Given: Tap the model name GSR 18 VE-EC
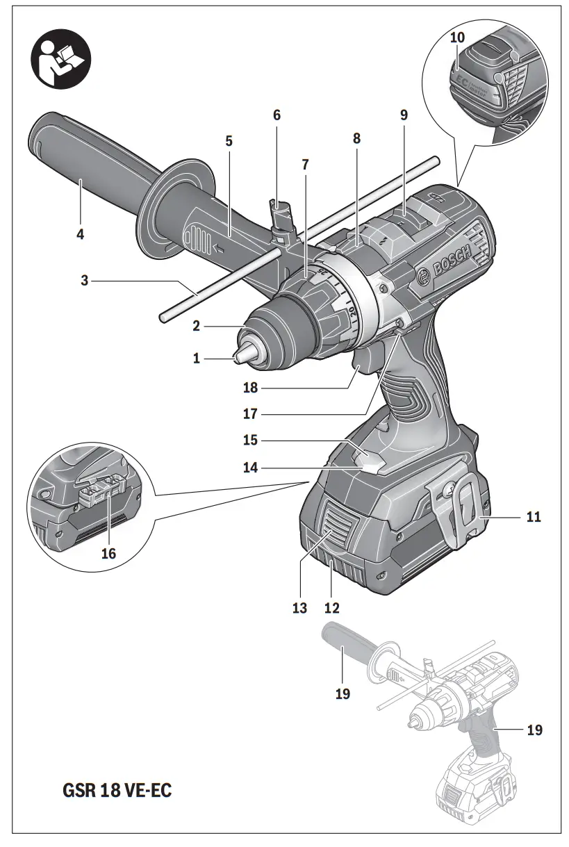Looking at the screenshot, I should pyautogui.click(x=117, y=791).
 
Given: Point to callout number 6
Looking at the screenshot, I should pyautogui.click(x=277, y=115).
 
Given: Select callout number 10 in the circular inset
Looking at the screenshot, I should pyautogui.click(x=457, y=38).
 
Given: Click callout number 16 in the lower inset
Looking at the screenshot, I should pyautogui.click(x=108, y=554).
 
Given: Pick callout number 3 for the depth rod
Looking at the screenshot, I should pyautogui.click(x=85, y=281).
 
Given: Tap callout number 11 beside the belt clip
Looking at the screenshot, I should pyautogui.click(x=534, y=517).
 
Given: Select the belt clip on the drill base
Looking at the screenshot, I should pyautogui.click(x=461, y=510).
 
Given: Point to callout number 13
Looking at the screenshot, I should pyautogui.click(x=299, y=607).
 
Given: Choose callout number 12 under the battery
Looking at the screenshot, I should pyautogui.click(x=331, y=607).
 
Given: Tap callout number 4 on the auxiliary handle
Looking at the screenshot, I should pyautogui.click(x=81, y=234).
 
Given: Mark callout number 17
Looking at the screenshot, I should pyautogui.click(x=250, y=414).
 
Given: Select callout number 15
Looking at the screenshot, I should pyautogui.click(x=250, y=441).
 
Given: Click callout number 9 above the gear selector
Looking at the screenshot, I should pyautogui.click(x=404, y=115).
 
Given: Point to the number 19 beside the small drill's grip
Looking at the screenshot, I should pyautogui.click(x=534, y=730).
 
